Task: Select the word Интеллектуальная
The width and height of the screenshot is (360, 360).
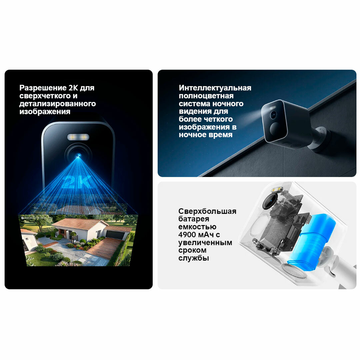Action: [x=215, y=88]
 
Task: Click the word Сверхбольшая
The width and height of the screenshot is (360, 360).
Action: [x=207, y=211]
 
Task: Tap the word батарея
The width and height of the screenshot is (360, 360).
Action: [x=194, y=219]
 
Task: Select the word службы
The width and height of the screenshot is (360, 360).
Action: [x=194, y=258]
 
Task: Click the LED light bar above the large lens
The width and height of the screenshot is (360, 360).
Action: [x=78, y=137]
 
